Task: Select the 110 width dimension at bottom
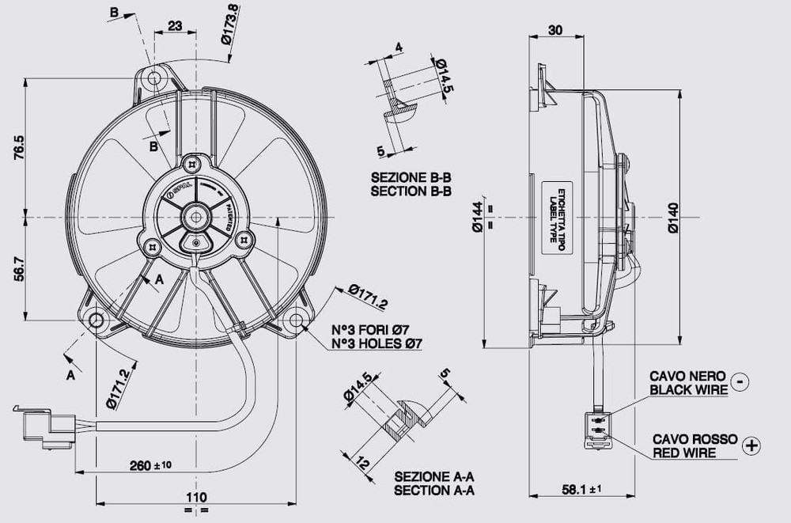[x=196, y=497]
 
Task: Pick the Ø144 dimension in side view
[x=478, y=215]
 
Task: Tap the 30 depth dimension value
[x=555, y=30]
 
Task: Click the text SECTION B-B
[x=411, y=191]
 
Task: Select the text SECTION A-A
[x=434, y=491]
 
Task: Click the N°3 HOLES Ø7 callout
[x=377, y=344]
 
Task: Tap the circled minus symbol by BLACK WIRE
[x=739, y=381]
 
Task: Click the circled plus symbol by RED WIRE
[x=751, y=445]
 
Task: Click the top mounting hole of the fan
[x=153, y=78]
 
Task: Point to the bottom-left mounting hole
[x=97, y=320]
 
